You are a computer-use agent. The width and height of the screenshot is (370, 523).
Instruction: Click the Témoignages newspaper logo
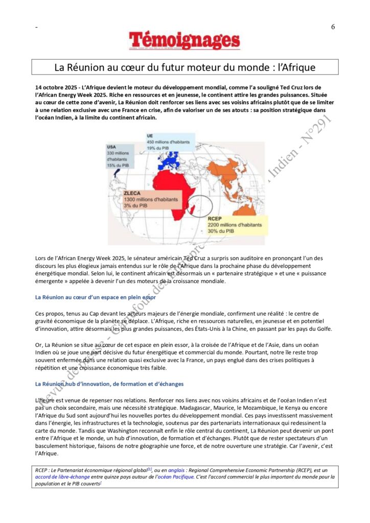pyautogui.click(x=184, y=41)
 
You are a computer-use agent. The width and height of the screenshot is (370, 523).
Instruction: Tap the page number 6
pyautogui.click(x=333, y=27)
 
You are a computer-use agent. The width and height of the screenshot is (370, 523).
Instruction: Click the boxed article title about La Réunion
pyautogui.click(x=184, y=67)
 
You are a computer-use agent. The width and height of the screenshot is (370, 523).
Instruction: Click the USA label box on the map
pyautogui.click(x=119, y=156)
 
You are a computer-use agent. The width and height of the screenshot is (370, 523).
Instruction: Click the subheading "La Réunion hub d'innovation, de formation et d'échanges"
pyautogui.click(x=110, y=384)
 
